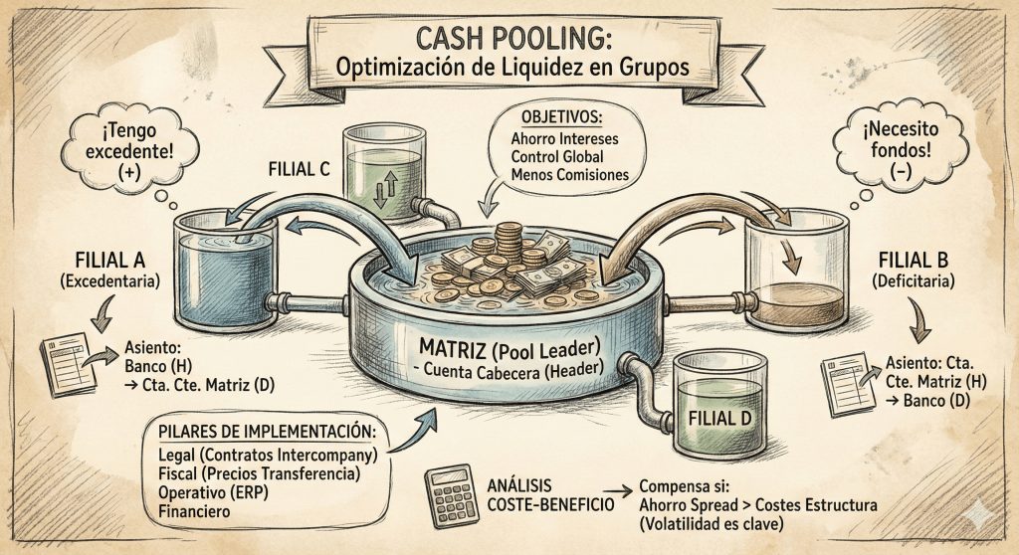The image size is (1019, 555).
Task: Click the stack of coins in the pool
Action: [x=509, y=243]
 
